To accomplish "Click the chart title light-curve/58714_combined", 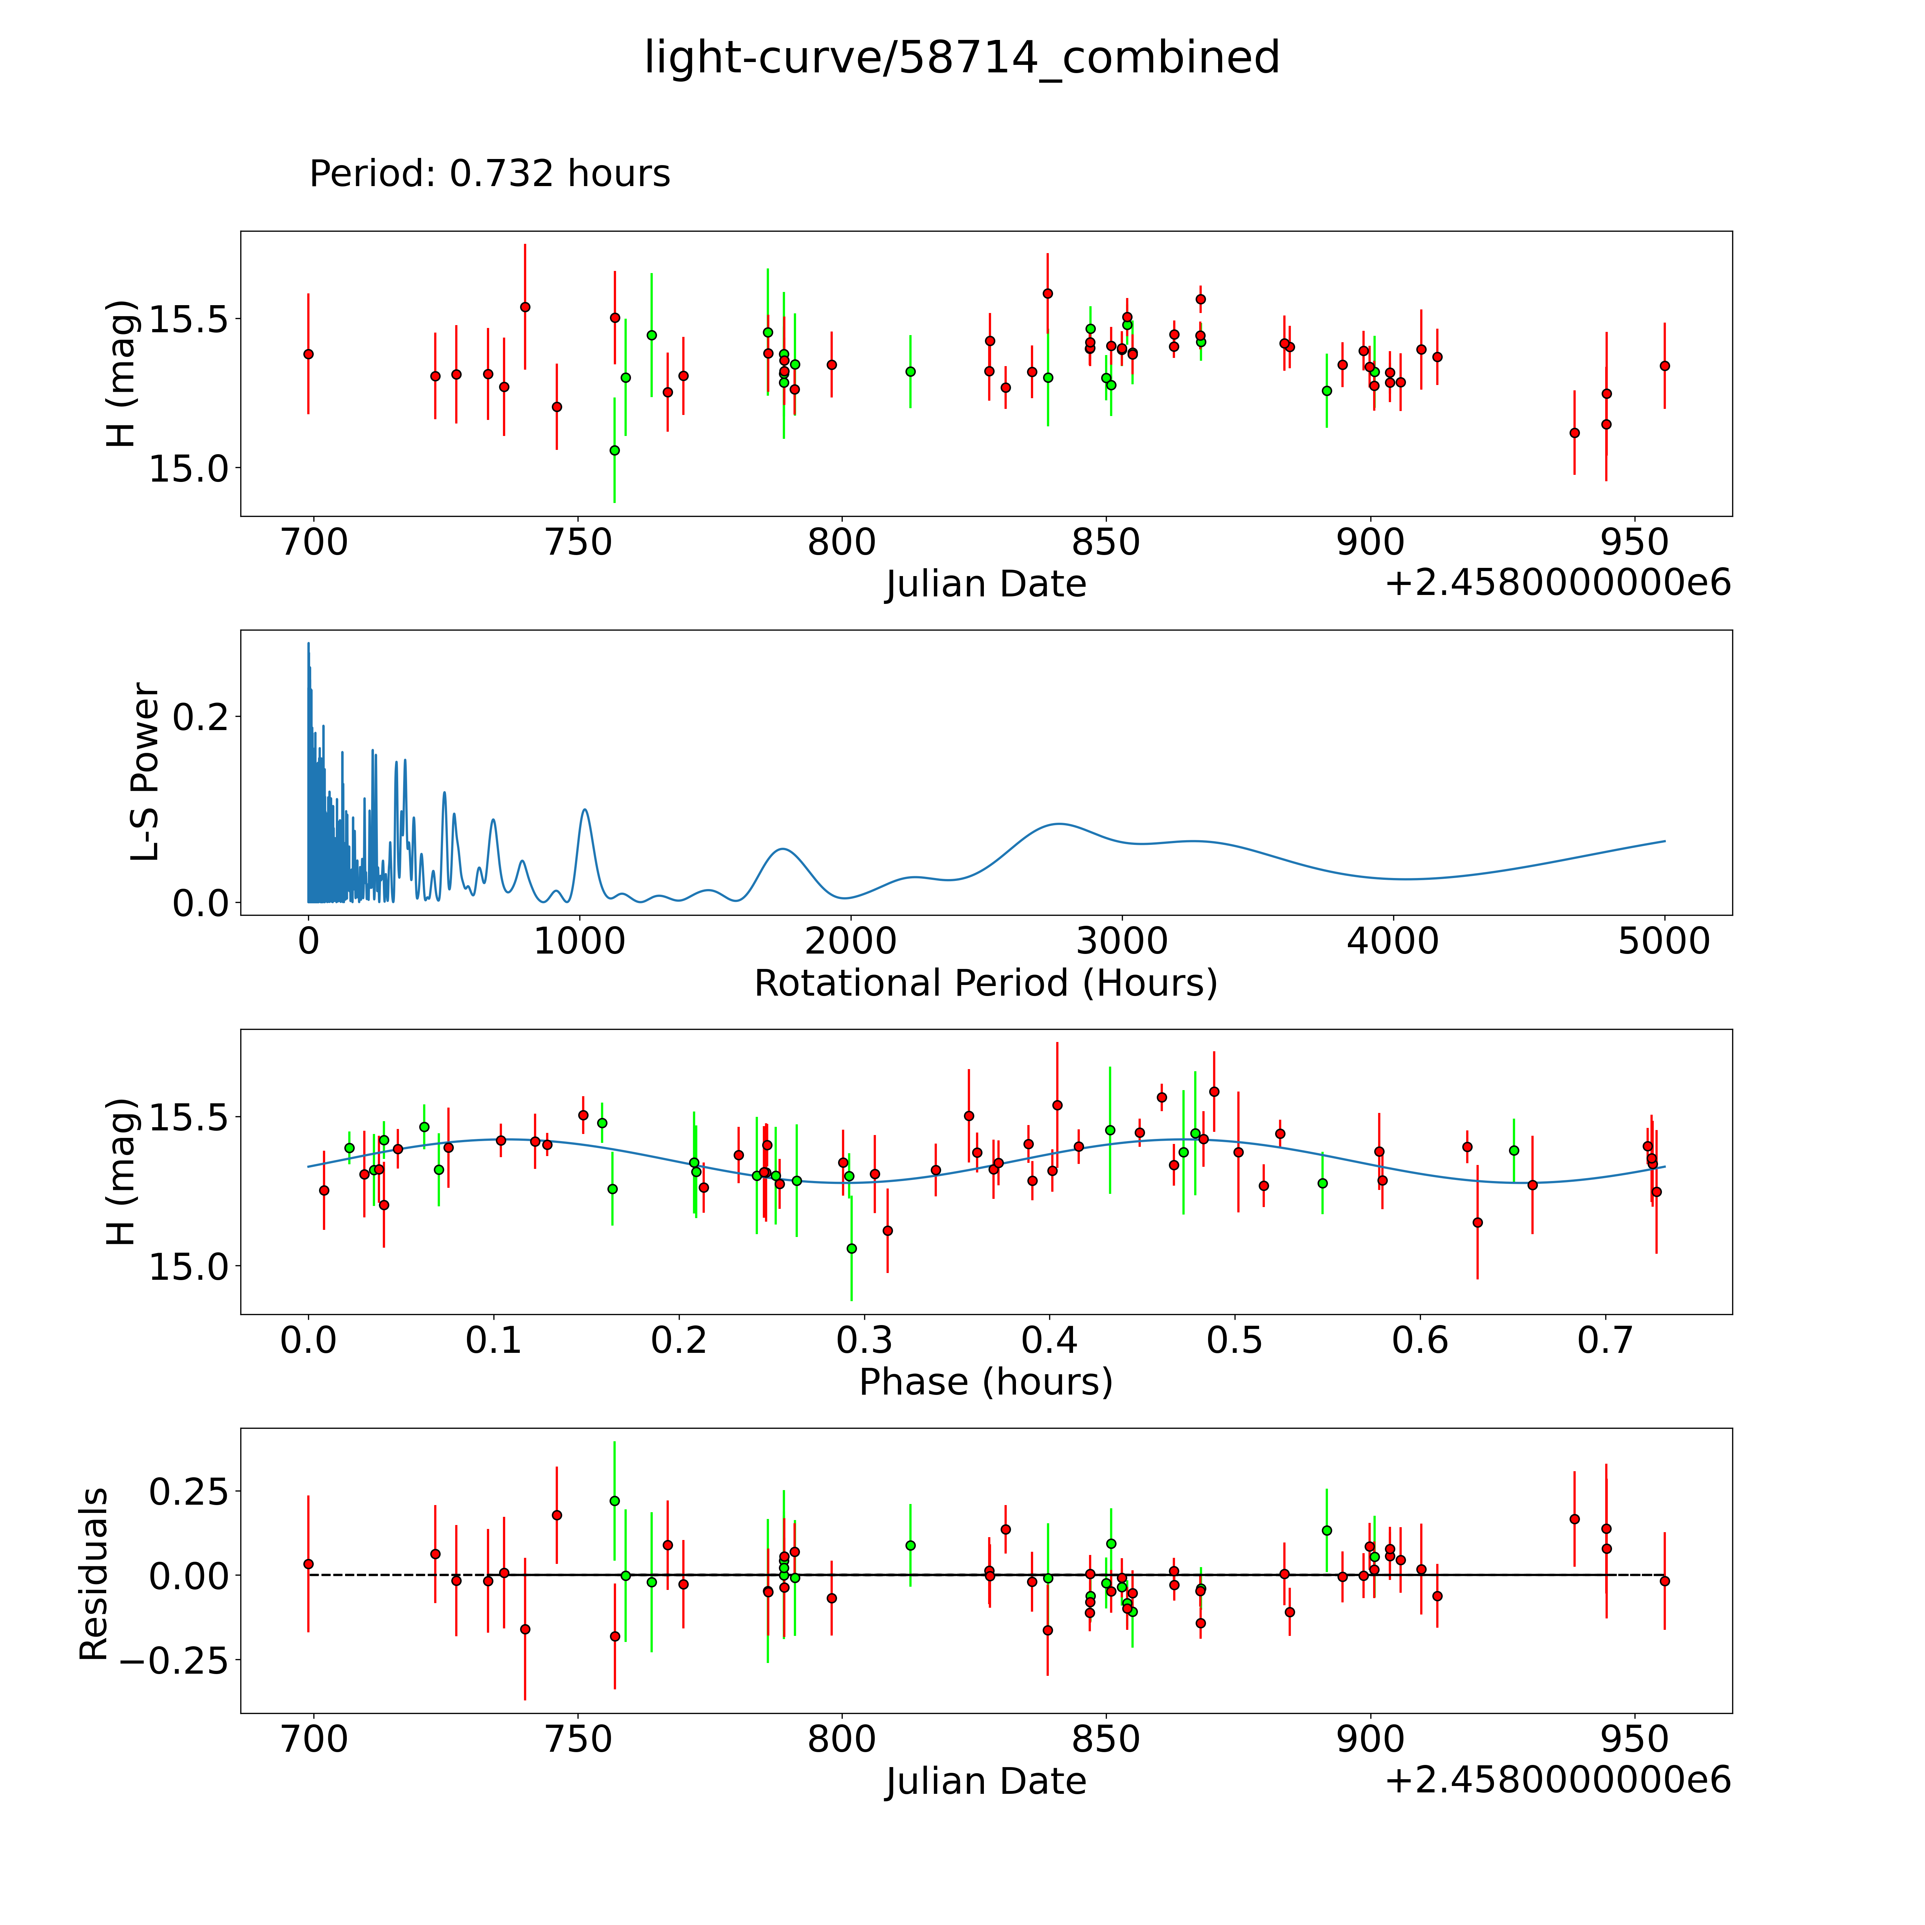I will click(961, 58).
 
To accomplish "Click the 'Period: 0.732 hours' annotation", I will click(489, 174).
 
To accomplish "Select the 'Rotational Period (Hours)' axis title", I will click(985, 984).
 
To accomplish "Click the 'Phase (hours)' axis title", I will click(985, 1382).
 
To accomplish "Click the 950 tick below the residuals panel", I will click(1635, 1740).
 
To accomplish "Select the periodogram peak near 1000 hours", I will click(585, 810).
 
